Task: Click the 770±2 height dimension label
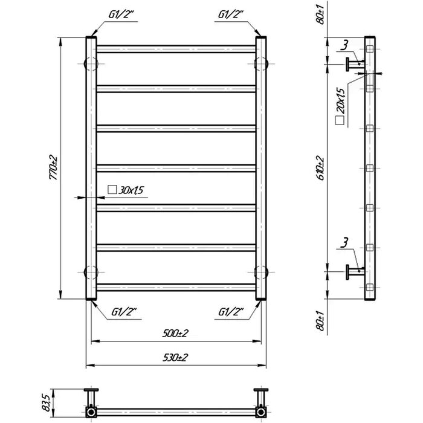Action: [53, 167]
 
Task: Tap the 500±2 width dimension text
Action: [175, 334]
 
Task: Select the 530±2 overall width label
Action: [175, 358]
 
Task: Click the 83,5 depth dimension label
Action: [47, 402]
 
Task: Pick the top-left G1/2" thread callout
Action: [121, 15]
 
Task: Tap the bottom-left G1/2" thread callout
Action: [124, 312]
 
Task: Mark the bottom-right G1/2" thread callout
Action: [231, 312]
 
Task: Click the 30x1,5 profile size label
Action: [131, 190]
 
